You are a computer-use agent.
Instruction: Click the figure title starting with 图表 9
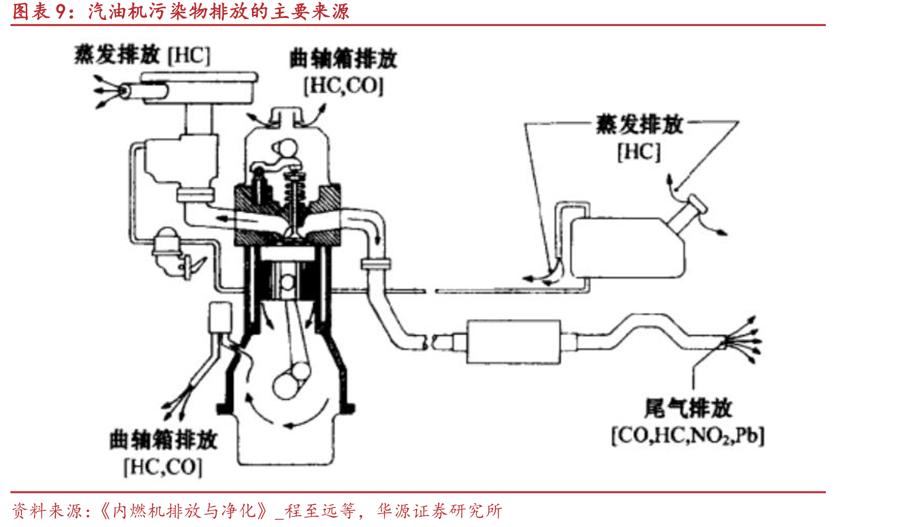[180, 11]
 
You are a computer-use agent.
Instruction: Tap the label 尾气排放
[688, 408]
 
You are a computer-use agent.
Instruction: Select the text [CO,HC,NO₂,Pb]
[688, 436]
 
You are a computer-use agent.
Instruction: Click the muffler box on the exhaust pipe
[514, 342]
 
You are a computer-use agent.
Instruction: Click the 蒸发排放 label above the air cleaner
[117, 55]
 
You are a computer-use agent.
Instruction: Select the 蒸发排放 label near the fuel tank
[639, 125]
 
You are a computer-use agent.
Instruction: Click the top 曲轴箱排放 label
[343, 59]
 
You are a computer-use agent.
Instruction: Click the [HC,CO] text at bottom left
[163, 467]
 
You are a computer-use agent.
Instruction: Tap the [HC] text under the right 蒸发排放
[639, 152]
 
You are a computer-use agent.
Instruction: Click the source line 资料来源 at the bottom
[256, 510]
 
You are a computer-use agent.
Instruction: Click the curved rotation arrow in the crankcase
[287, 418]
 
